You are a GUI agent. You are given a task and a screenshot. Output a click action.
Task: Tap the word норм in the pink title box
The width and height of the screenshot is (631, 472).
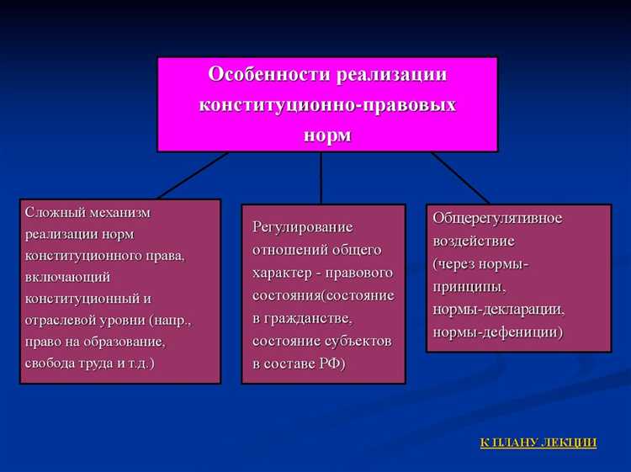(327, 135)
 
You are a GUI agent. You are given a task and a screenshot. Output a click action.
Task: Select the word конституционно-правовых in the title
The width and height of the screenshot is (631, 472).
(327, 104)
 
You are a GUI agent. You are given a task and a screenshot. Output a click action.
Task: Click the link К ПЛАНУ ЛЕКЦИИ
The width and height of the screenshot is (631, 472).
(538, 442)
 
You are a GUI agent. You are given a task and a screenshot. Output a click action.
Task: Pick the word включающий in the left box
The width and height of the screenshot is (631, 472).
(67, 276)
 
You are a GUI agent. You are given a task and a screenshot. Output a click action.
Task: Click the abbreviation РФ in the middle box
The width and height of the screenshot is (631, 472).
(328, 363)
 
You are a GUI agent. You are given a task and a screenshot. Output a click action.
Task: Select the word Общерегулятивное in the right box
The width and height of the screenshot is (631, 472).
(498, 218)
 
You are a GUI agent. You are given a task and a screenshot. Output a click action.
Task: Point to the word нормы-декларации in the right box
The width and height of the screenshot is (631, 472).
(498, 309)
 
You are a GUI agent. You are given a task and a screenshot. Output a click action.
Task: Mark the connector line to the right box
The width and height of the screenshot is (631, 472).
(460, 178)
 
